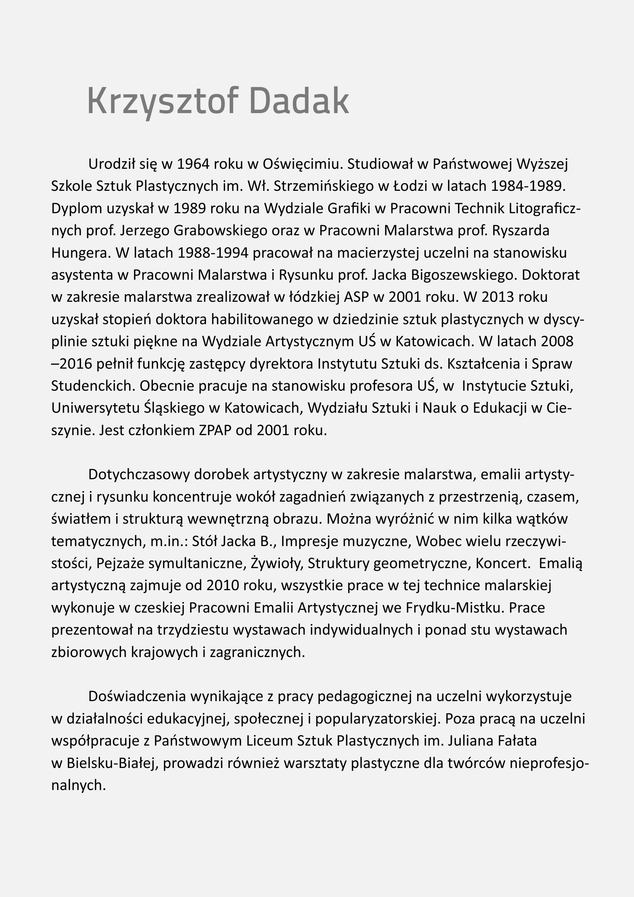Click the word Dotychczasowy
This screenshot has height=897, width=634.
138,475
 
